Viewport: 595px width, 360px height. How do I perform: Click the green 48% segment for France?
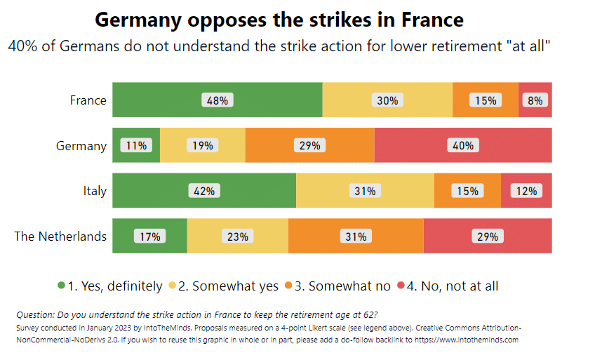tap(217, 100)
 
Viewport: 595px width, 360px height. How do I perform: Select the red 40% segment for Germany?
tap(463, 145)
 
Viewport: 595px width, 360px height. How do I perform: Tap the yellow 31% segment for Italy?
tap(365, 190)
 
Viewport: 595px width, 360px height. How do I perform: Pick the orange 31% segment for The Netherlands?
tap(356, 236)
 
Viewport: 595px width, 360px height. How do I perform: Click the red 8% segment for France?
tap(535, 100)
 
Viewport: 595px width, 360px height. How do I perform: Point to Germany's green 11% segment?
tap(136, 145)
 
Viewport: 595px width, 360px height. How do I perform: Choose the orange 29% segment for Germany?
tap(309, 145)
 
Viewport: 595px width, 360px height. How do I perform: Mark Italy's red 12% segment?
tap(526, 190)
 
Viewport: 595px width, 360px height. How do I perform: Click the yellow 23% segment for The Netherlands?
tap(237, 236)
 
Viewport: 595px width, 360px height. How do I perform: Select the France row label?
tap(88, 100)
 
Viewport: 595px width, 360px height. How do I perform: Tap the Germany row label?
tap(81, 146)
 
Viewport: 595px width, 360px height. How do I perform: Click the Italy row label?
tap(95, 191)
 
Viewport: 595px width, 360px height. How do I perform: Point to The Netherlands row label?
tap(61, 236)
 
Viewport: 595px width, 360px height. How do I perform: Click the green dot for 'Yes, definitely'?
tap(62, 286)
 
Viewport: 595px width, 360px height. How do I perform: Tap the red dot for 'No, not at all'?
tap(401, 286)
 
